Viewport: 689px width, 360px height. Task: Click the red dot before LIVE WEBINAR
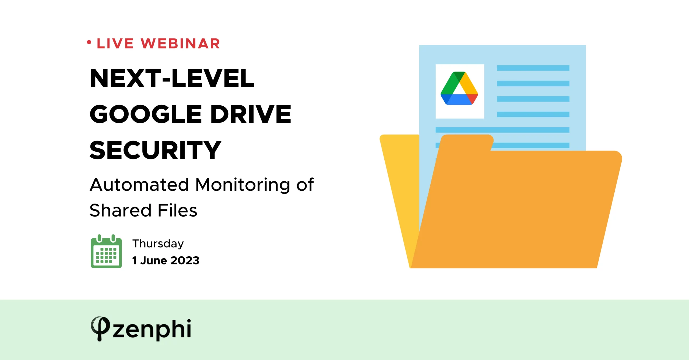click(x=89, y=42)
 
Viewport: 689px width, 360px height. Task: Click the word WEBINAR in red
click(x=180, y=44)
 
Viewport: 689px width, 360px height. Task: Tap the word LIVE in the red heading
click(x=115, y=44)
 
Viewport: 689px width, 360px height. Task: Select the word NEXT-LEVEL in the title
click(x=172, y=78)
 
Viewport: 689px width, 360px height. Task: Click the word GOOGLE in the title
click(x=146, y=114)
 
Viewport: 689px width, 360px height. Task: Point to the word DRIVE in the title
click(x=251, y=114)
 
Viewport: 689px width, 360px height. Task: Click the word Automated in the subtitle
click(x=139, y=185)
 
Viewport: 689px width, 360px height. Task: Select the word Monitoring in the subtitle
click(x=242, y=185)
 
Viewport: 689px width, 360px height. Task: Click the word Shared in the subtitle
click(x=120, y=210)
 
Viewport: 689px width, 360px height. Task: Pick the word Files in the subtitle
click(x=177, y=210)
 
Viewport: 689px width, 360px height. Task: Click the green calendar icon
click(x=106, y=251)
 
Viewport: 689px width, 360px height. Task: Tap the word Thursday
click(x=158, y=244)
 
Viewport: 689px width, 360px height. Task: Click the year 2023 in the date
click(x=185, y=260)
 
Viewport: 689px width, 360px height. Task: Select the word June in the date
click(x=153, y=260)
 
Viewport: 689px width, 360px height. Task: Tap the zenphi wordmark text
click(x=152, y=329)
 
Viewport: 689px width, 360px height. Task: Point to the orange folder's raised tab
click(x=467, y=142)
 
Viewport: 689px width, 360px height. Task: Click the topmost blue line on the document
click(x=533, y=68)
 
